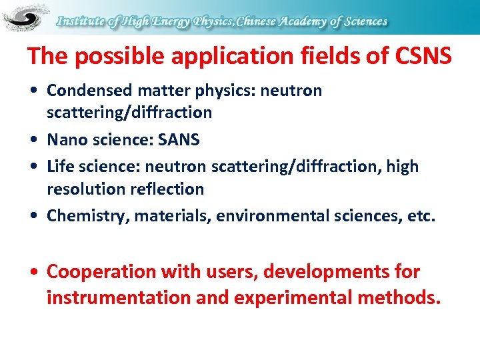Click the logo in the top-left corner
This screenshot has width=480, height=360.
(25, 18)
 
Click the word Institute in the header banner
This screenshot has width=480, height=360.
(81, 21)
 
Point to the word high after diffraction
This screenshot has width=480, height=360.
(402, 167)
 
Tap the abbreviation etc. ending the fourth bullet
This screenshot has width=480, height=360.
(421, 216)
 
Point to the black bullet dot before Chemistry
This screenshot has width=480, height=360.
(35, 217)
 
